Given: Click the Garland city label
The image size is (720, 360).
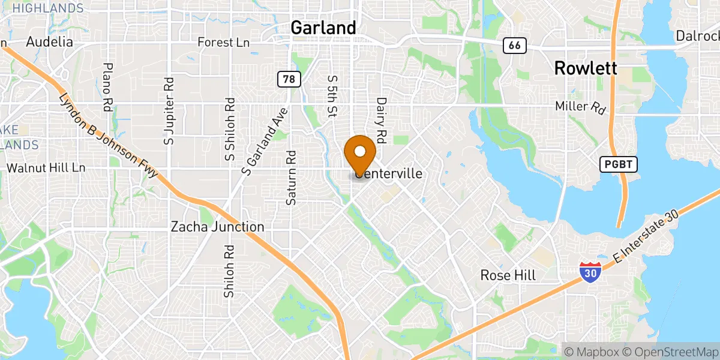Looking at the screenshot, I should [323, 28].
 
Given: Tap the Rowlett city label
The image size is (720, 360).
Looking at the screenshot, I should [586, 68].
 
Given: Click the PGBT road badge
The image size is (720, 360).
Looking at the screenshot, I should [618, 164].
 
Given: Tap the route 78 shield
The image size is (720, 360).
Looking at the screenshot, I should [288, 78].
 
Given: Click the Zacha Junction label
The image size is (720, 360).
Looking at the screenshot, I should [217, 227].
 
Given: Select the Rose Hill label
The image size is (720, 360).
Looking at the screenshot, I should [508, 275].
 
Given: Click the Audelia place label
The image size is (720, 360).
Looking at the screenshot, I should [50, 42].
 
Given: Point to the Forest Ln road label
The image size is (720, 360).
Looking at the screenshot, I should [224, 43].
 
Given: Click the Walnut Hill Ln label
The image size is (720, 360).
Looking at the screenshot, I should [46, 167].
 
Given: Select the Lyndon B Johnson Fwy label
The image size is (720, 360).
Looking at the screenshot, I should [108, 136].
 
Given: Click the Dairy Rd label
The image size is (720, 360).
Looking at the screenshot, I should [380, 116].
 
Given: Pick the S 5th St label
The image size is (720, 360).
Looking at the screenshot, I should [331, 95].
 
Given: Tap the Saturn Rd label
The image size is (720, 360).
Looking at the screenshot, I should [291, 178].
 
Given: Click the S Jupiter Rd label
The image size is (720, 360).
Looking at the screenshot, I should [169, 110].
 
